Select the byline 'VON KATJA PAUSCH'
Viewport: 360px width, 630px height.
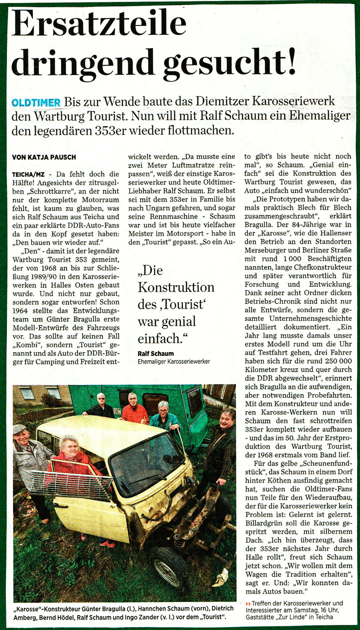[44, 157]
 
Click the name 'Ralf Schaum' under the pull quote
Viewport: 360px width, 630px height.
[155, 353]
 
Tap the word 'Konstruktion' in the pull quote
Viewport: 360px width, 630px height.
[176, 288]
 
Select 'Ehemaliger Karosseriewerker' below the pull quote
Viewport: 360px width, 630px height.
[173, 361]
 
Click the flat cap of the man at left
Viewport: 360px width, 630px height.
[19, 429]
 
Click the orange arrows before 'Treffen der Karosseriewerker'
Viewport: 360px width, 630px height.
[248, 603]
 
